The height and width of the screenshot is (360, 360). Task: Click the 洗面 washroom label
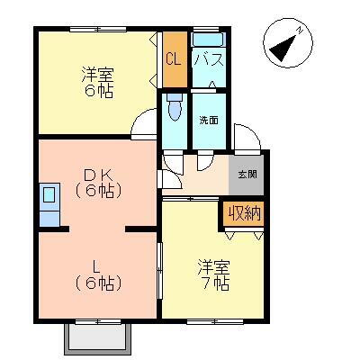click(209, 119)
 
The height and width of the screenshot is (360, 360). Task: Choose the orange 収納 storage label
click(243, 213)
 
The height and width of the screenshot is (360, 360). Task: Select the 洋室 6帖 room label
click(98, 83)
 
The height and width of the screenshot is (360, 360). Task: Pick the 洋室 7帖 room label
click(213, 275)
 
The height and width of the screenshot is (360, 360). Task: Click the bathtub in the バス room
click(207, 40)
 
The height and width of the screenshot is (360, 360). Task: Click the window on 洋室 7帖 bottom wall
click(214, 319)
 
